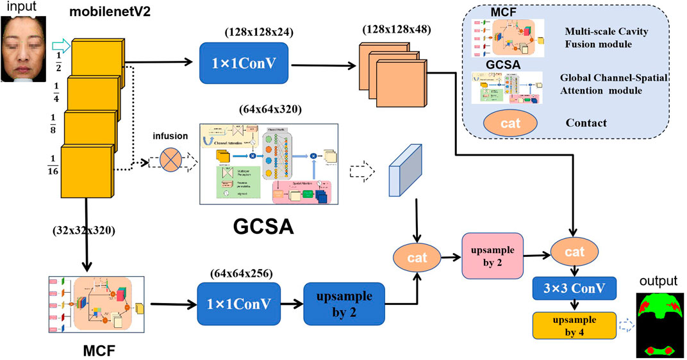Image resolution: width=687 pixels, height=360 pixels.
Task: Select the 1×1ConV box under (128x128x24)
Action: (244, 62)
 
